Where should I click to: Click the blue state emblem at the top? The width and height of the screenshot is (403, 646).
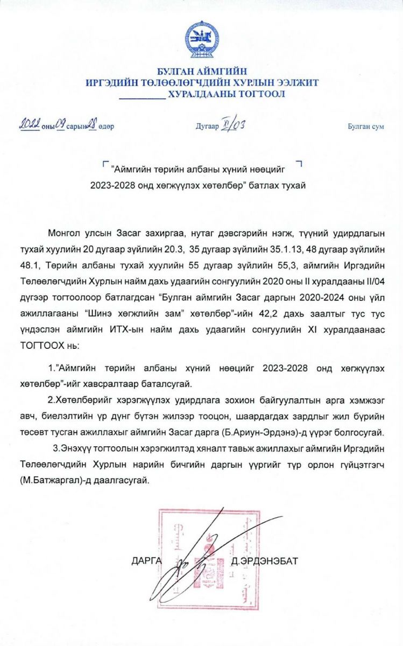[x=202, y=41]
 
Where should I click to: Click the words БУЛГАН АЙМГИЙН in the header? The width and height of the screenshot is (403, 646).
[x=202, y=72]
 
